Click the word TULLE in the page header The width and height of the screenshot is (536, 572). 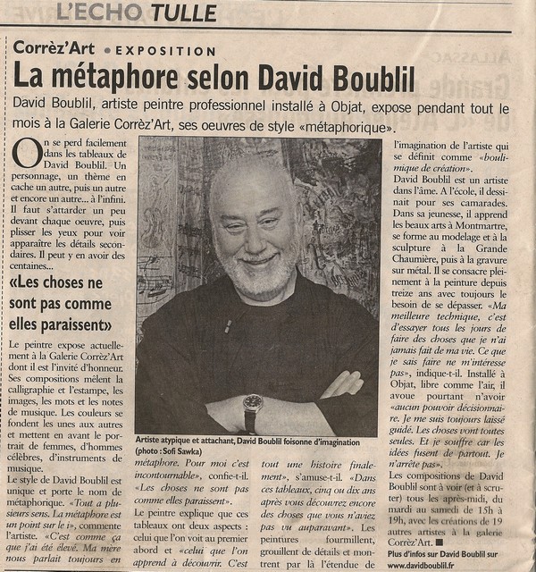coord(184,13)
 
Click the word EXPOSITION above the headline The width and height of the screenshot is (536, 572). coord(165,52)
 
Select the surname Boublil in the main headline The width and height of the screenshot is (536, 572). coord(372,79)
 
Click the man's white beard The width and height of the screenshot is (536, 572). coord(260,277)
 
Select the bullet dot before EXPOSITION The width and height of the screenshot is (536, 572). coord(107,52)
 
